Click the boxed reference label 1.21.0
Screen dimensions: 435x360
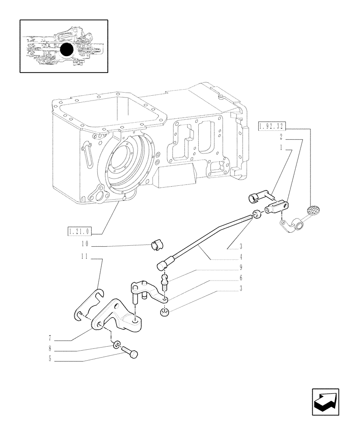[x=81, y=231]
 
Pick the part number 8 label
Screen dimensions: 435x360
[x=51, y=348]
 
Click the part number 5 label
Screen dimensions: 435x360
[x=51, y=359]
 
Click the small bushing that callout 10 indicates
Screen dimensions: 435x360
[x=156, y=245]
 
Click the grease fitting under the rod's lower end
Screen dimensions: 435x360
[x=165, y=281]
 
